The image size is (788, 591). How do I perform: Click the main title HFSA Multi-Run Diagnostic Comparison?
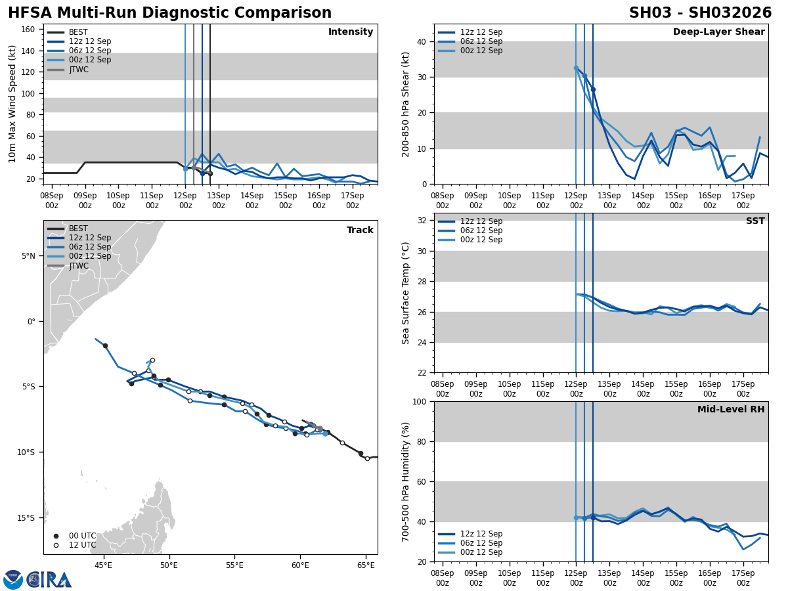(169, 13)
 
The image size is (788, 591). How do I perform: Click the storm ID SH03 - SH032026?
(700, 13)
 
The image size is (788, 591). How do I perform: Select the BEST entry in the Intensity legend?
(78, 32)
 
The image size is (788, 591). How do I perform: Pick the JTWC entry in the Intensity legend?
(79, 69)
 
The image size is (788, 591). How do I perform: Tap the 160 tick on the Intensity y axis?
(28, 30)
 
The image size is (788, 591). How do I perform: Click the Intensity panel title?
(350, 32)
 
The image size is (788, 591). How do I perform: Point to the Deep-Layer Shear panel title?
(718, 32)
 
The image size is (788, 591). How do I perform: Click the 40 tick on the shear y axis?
(422, 42)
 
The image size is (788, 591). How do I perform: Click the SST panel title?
(755, 221)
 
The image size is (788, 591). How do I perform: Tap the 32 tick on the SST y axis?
(422, 221)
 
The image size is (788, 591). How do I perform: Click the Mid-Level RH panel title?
(730, 410)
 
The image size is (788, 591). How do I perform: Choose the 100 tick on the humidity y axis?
(419, 402)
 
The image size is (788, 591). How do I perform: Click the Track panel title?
(360, 230)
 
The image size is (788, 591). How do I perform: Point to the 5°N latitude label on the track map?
(29, 256)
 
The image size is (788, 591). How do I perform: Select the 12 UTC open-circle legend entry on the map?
(82, 545)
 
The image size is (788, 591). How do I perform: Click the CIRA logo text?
(49, 580)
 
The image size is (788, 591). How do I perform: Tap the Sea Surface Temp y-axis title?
(406, 293)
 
